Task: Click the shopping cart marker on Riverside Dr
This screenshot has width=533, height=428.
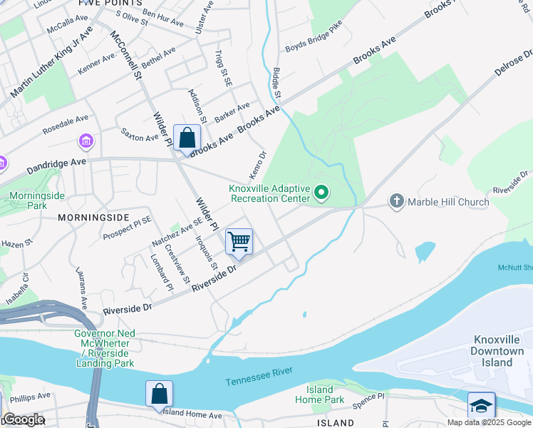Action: pyautogui.click(x=239, y=241)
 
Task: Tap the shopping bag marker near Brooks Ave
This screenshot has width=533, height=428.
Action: pyautogui.click(x=187, y=138)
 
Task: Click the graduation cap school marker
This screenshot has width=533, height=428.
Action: pyautogui.click(x=481, y=405)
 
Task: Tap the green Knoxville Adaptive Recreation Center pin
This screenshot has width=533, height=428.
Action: pyautogui.click(x=322, y=191)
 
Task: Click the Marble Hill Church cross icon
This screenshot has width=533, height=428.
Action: pyautogui.click(x=397, y=202)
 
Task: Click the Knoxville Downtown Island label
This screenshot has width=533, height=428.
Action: pyautogui.click(x=497, y=351)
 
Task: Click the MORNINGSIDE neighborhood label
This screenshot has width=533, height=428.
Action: pyautogui.click(x=93, y=217)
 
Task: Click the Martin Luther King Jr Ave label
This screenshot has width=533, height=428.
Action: pyautogui.click(x=52, y=63)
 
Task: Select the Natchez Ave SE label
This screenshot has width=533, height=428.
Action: pyautogui.click(x=172, y=234)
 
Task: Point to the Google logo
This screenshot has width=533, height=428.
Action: pyautogui.click(x=24, y=420)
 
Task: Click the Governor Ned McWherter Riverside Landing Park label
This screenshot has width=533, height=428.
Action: pyautogui.click(x=105, y=348)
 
